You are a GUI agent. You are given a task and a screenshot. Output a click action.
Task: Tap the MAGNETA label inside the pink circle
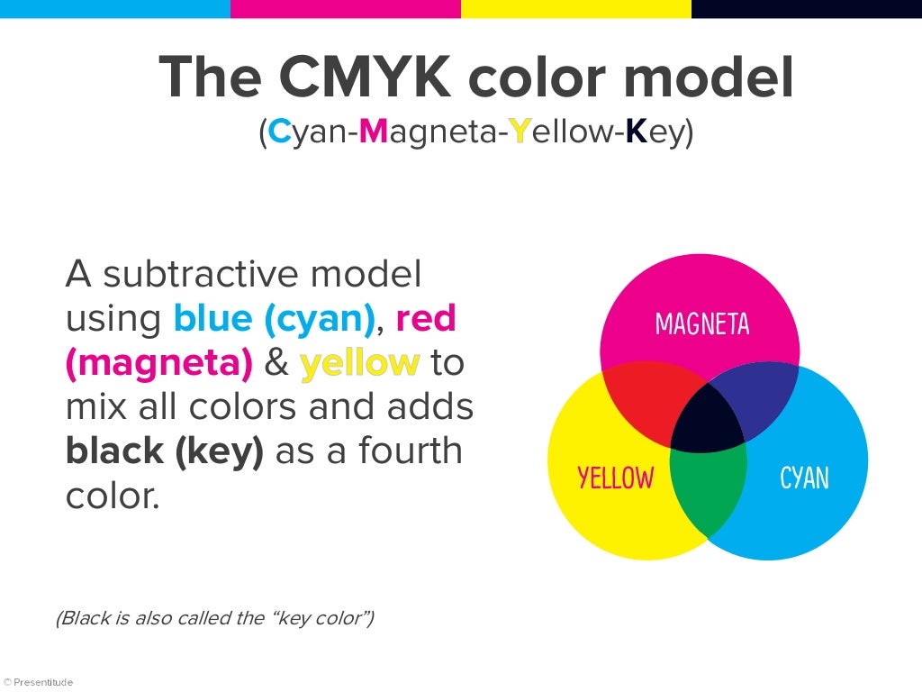(702, 323)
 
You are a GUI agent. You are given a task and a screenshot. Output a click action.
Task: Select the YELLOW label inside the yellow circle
(616, 478)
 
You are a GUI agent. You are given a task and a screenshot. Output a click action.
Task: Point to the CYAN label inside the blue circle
(804, 478)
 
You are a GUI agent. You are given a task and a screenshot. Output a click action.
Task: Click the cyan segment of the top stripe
(115, 9)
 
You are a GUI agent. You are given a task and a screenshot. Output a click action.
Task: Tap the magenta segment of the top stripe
(346, 9)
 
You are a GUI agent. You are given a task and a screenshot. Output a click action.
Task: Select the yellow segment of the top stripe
(576, 9)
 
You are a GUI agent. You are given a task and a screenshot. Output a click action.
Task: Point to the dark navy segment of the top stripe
(807, 9)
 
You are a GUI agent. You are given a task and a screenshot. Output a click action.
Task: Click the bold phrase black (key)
(165, 451)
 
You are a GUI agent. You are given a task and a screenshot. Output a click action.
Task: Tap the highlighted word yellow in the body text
(359, 363)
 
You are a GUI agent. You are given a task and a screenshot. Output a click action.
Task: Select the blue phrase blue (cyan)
(274, 318)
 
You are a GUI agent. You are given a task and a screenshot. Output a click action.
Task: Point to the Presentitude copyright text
(38, 682)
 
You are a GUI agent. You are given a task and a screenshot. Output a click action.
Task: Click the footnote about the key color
(214, 618)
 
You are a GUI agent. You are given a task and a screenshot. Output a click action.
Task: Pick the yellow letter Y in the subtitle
(518, 132)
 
